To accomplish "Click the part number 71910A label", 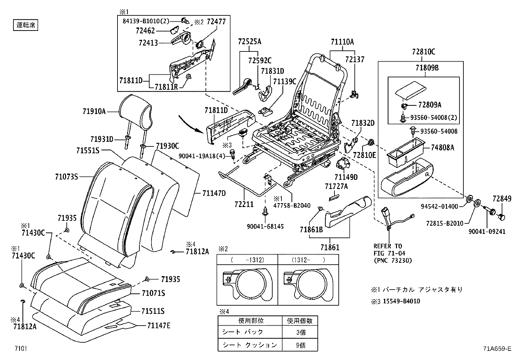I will click(94, 112).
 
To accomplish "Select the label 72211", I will click(244, 204).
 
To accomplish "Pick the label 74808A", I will click(442, 147).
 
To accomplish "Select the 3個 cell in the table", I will click(300, 332).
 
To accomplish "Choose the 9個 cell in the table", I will click(300, 345).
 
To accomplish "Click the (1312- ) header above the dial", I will click(308, 260).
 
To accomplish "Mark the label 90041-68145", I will click(265, 226).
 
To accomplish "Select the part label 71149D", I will click(346, 177).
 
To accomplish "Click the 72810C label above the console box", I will click(423, 51).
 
